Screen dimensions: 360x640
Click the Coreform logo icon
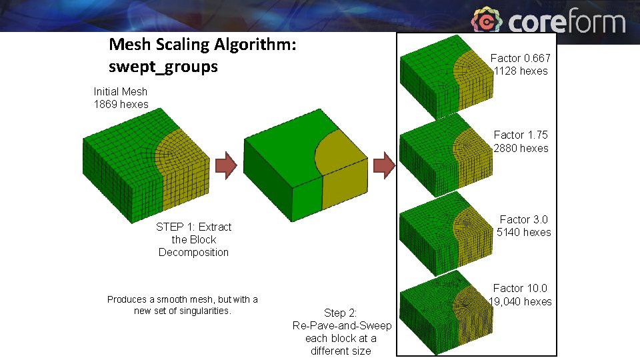coord(487,21)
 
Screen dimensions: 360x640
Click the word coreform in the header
coord(567,22)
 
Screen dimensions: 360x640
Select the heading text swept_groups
coord(163,67)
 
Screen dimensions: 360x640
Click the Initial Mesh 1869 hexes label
coord(121,97)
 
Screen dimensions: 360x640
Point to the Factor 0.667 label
coord(520,58)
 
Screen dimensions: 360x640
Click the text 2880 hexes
coord(521,148)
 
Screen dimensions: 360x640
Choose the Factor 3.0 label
coord(524,219)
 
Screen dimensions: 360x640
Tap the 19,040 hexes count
coord(521,301)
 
